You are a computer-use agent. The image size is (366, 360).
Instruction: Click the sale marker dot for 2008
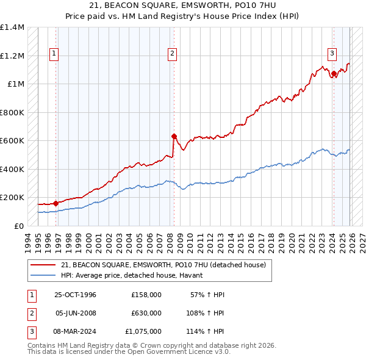pos(174,137)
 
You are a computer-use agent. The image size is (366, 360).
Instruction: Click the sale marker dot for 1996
pos(56,203)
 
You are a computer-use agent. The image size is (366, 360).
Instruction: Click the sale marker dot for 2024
pos(334,74)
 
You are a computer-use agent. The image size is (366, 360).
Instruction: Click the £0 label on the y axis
pos(18,226)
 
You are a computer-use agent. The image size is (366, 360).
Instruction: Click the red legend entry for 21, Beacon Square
pos(163,265)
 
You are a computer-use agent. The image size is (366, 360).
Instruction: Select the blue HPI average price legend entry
pos(135,276)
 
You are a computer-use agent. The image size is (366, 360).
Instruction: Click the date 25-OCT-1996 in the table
pos(76,295)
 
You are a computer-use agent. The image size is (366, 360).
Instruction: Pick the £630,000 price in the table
pos(146,313)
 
